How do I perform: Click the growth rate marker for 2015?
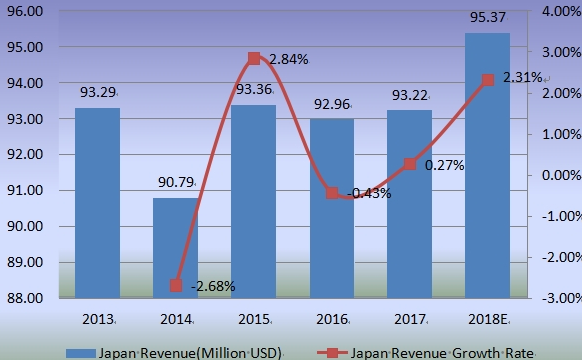(x=254, y=59)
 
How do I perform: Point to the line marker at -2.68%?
(x=176, y=285)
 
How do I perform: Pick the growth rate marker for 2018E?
(x=487, y=80)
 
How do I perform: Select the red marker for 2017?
(x=409, y=164)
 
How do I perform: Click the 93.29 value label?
(x=98, y=92)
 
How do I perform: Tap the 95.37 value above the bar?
(x=487, y=18)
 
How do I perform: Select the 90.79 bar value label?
(x=176, y=183)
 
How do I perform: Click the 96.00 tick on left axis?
(x=25, y=11)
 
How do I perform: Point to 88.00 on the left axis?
(x=25, y=298)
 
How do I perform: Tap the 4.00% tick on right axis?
(x=554, y=11)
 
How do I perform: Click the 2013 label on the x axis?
(x=98, y=318)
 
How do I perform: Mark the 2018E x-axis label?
(x=487, y=318)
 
